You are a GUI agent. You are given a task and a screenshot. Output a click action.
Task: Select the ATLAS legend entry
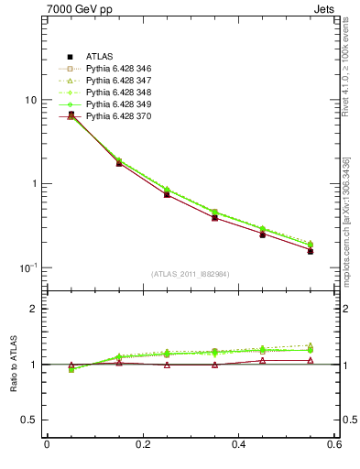point(99,57)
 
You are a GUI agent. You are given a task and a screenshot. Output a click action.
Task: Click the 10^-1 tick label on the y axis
point(27,267)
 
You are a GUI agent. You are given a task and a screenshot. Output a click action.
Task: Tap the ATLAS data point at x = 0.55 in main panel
point(311,250)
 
